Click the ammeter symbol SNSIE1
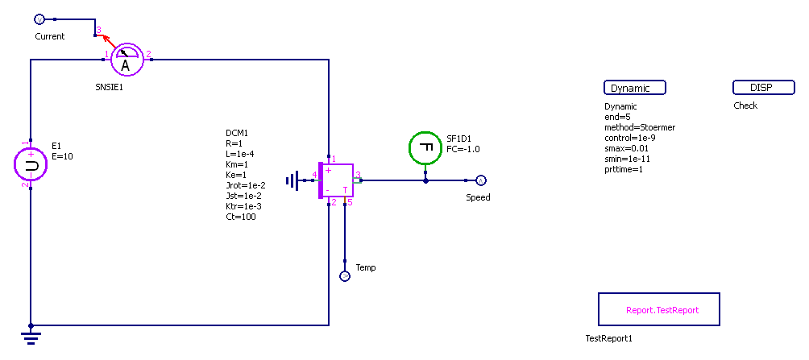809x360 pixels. tap(125, 59)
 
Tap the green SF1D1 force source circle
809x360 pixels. tap(425, 147)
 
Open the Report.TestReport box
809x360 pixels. tap(658, 309)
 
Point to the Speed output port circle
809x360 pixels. tap(480, 180)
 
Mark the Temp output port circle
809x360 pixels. tap(345, 276)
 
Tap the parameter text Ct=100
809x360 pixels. tap(242, 217)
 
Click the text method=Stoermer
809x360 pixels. tap(640, 127)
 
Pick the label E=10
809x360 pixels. tap(62, 156)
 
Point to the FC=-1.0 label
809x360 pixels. tap(463, 149)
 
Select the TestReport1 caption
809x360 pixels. tap(609, 338)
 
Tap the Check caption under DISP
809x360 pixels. tap(745, 106)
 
